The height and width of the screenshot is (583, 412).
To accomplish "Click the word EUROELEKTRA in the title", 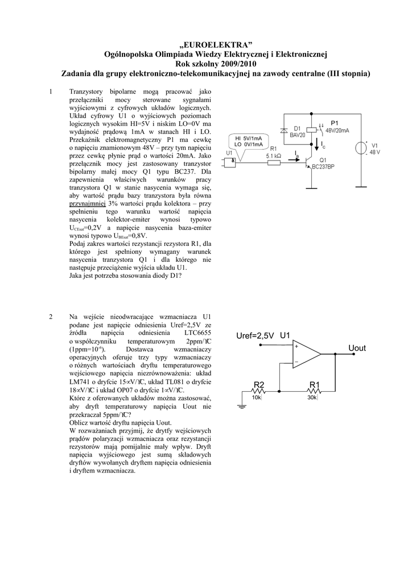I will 215,44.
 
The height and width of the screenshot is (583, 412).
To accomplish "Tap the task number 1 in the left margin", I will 51,91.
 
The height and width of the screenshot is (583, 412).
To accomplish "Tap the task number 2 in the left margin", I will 51,317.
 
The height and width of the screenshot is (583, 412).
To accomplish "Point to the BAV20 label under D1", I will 297,136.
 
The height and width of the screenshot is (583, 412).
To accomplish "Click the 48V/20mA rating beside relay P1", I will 336,130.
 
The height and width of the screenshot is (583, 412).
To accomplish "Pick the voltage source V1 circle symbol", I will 360,149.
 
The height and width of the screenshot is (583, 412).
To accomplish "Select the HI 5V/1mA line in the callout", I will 249,138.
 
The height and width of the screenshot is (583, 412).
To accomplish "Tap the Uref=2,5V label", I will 255,335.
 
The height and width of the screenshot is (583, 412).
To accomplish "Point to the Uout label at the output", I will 357,347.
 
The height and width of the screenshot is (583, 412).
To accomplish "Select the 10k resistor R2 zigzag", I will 259,390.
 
